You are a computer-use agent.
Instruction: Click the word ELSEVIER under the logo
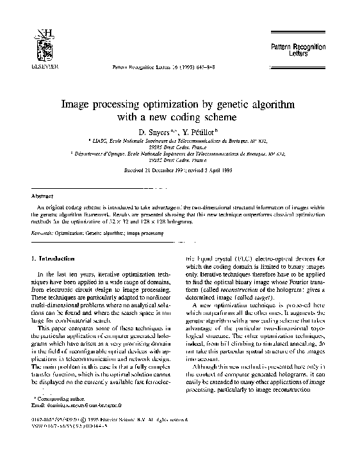pos(44,65)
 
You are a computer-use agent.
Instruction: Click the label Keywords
pos(42,234)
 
